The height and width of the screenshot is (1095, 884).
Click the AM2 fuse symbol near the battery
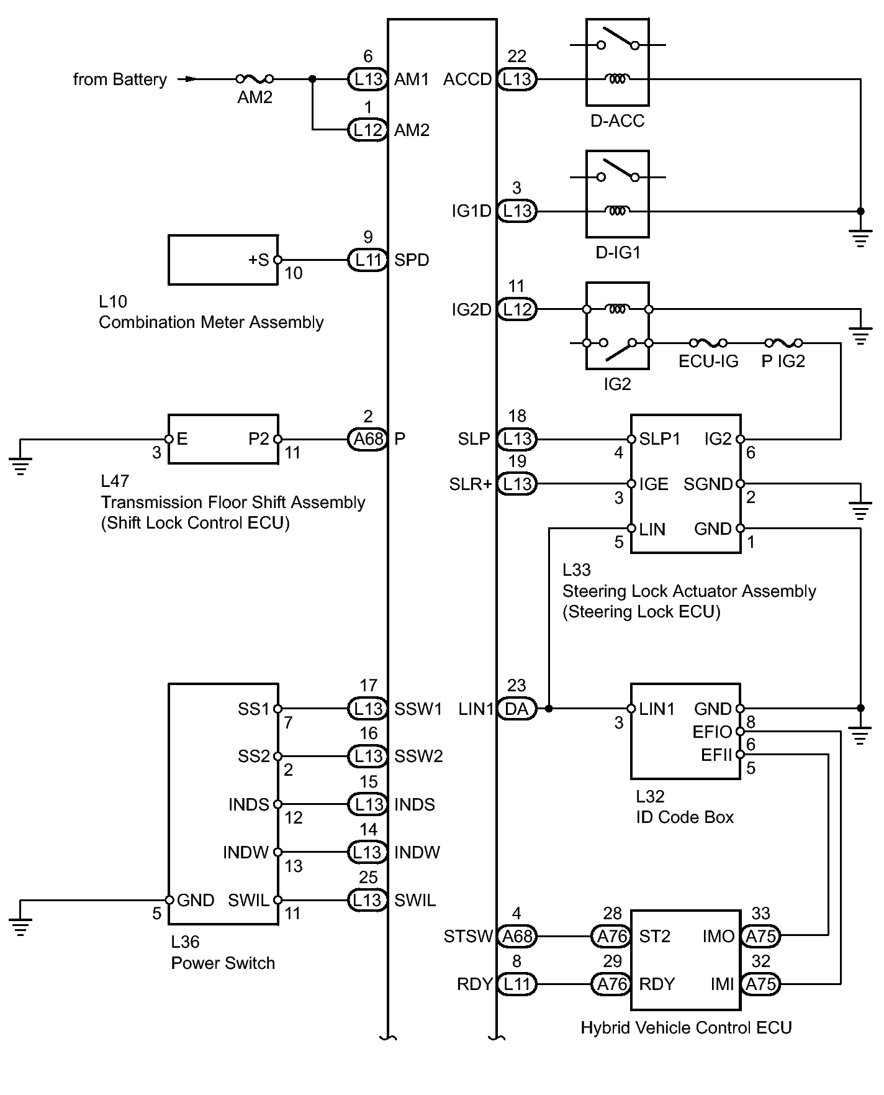(255, 79)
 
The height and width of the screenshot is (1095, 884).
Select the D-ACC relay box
(617, 62)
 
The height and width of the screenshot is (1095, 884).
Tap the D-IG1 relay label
(617, 252)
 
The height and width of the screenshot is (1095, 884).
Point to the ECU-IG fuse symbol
(708, 343)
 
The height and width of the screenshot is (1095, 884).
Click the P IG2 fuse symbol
(783, 343)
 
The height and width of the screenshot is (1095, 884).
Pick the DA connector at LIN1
(516, 709)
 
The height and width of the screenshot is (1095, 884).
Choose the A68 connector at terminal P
(368, 439)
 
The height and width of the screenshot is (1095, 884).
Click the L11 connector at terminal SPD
(368, 260)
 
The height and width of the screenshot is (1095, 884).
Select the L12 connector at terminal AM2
(368, 130)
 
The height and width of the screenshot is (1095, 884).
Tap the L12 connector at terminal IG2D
(516, 309)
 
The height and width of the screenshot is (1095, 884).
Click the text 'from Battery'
(120, 80)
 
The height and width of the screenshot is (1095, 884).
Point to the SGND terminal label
(708, 484)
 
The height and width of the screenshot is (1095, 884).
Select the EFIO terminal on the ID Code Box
(712, 732)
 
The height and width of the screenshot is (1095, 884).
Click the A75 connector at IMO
(761, 936)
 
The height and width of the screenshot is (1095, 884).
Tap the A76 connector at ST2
(611, 936)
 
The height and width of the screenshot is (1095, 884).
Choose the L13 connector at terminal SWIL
(368, 900)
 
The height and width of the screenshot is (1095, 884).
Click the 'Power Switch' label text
(223, 963)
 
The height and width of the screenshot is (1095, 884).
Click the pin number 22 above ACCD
(516, 57)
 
